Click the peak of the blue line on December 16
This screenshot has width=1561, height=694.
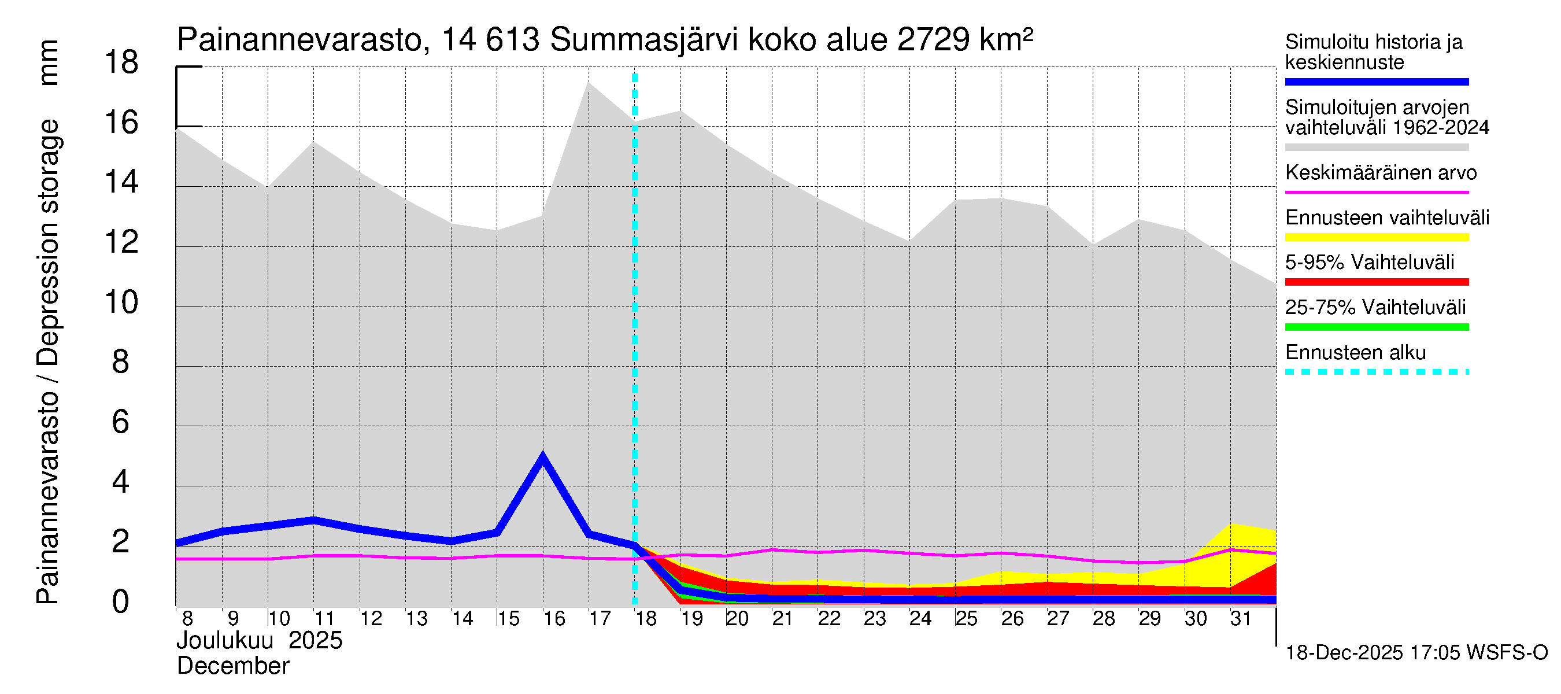543,456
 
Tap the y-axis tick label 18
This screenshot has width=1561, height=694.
121,63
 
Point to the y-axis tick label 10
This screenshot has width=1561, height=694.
121,302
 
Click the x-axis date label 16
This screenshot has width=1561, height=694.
554,619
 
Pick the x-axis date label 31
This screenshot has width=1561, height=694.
1241,619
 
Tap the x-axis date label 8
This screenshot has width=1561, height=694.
187,619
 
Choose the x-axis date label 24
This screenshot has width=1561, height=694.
920,619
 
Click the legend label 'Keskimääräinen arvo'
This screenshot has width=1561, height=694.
1381,173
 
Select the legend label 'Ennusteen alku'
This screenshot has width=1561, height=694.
1355,353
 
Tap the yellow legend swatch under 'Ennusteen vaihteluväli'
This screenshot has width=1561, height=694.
1376,237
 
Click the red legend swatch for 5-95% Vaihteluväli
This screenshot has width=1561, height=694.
1376,282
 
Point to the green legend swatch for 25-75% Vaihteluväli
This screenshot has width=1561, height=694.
1376,327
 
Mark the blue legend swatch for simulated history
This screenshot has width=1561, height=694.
1376,82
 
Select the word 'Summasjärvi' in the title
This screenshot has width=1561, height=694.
644,40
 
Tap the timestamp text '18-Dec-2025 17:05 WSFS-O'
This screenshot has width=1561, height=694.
1416,653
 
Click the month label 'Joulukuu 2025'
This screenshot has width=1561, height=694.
260,641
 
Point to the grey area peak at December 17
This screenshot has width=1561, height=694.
589,84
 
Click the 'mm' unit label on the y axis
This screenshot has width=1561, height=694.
49,63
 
